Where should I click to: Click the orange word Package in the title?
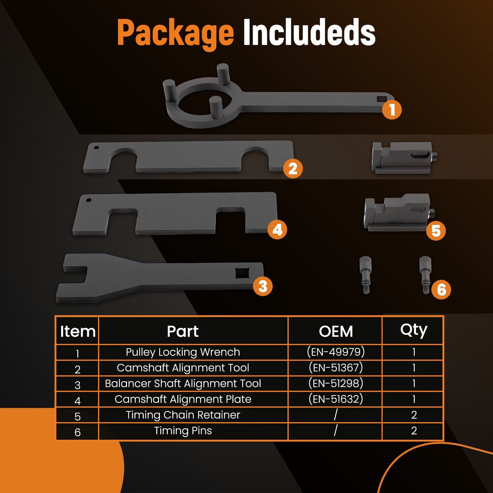176,33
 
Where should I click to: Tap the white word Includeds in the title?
309,32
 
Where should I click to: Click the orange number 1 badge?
392,110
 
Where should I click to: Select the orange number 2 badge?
293,168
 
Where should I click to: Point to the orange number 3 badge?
263,286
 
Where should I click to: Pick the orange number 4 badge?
277,230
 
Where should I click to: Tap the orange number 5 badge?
436,230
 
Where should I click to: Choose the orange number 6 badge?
441,290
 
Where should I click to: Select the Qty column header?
414,331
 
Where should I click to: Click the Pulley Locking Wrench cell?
183,352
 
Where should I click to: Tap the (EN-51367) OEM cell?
336,368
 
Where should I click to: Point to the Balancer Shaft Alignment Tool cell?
183,383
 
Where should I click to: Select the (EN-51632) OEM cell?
336,399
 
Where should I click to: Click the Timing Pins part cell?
183,431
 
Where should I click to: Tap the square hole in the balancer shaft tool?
243,273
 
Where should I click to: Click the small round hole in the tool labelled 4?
89,200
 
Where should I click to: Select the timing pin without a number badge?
365,275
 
